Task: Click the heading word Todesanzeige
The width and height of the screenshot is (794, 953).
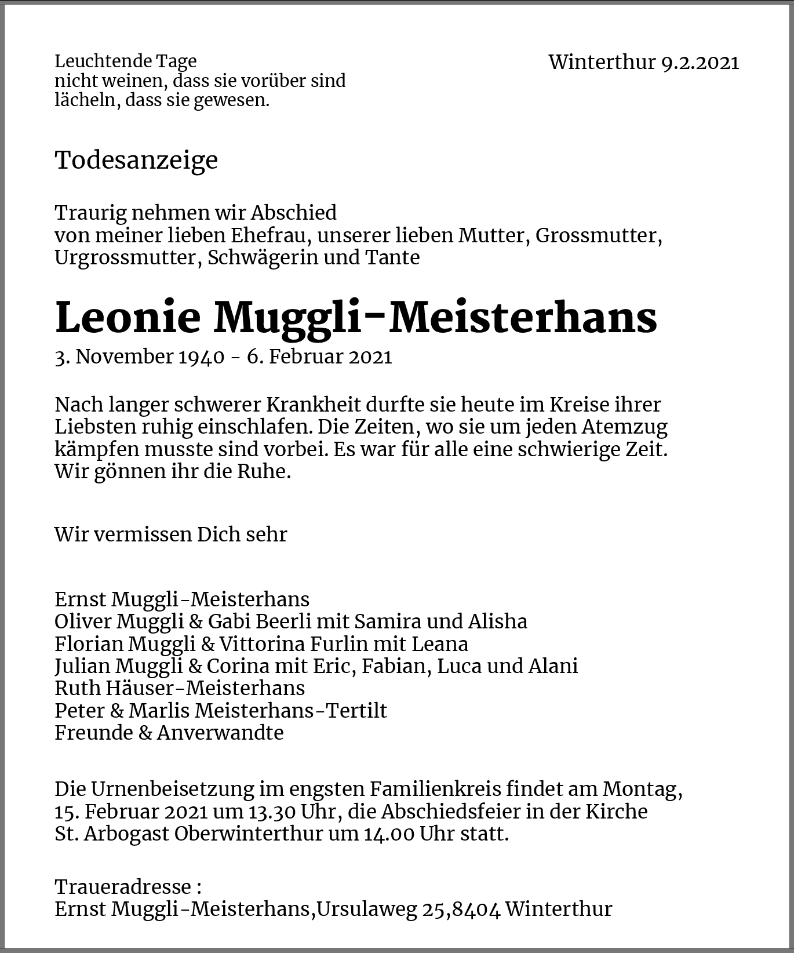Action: (x=136, y=160)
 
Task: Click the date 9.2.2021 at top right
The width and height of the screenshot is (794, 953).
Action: (x=700, y=62)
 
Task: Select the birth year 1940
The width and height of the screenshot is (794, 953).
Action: (x=201, y=357)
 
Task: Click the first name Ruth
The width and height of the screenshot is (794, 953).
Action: (x=77, y=688)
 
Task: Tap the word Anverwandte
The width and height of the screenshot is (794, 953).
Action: (x=220, y=733)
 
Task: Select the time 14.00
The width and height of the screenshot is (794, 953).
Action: (x=389, y=834)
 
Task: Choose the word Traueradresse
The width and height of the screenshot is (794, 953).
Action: (x=123, y=887)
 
